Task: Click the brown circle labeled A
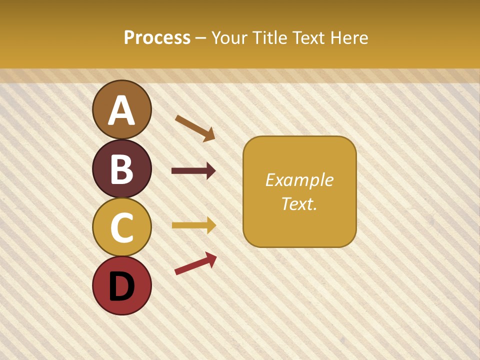tap(122, 109)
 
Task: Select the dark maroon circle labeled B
tap(122, 168)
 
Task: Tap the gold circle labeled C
tap(122, 227)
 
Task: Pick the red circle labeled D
tap(122, 285)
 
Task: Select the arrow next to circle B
tap(193, 171)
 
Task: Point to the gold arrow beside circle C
tap(193, 225)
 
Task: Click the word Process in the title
tap(157, 38)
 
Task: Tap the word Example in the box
tap(299, 180)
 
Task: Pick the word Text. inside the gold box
tap(299, 203)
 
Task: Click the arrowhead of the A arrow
tap(209, 134)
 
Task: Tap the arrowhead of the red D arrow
tap(211, 259)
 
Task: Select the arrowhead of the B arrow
tap(210, 171)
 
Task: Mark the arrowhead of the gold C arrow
tap(210, 225)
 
